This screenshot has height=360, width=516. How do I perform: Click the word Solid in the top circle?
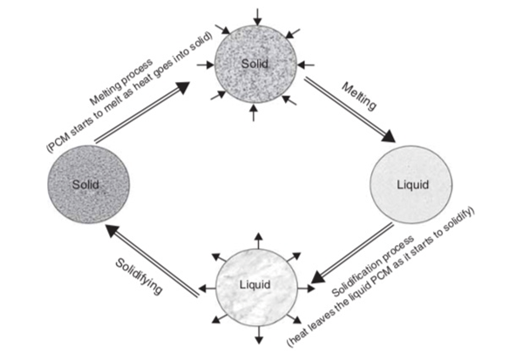point(255,63)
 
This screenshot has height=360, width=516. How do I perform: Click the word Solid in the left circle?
point(85,184)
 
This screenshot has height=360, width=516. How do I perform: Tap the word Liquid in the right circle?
point(412,185)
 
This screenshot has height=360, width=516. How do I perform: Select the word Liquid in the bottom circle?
point(255,284)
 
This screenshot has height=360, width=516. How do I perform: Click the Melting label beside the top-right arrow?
point(359,96)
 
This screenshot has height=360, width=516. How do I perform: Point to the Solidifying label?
point(139,275)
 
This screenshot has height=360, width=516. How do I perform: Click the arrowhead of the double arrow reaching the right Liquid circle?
point(389,136)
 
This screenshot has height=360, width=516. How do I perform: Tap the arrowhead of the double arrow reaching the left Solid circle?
point(113,230)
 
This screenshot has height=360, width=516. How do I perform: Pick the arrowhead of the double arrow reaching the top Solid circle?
point(182,88)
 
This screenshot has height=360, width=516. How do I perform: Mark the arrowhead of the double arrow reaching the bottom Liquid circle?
point(318,277)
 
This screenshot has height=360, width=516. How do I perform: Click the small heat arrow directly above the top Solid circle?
point(258,17)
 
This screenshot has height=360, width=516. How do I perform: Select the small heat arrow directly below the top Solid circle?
point(254,112)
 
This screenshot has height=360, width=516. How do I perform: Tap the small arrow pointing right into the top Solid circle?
point(206,65)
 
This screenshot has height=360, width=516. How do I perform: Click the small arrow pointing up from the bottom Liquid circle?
point(259,241)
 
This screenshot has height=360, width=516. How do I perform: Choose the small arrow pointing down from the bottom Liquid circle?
point(259,335)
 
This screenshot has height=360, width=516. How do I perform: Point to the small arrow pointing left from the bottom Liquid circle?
point(207,289)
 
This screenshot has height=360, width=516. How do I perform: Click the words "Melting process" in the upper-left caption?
point(122,81)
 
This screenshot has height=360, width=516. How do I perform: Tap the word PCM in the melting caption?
point(58,142)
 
